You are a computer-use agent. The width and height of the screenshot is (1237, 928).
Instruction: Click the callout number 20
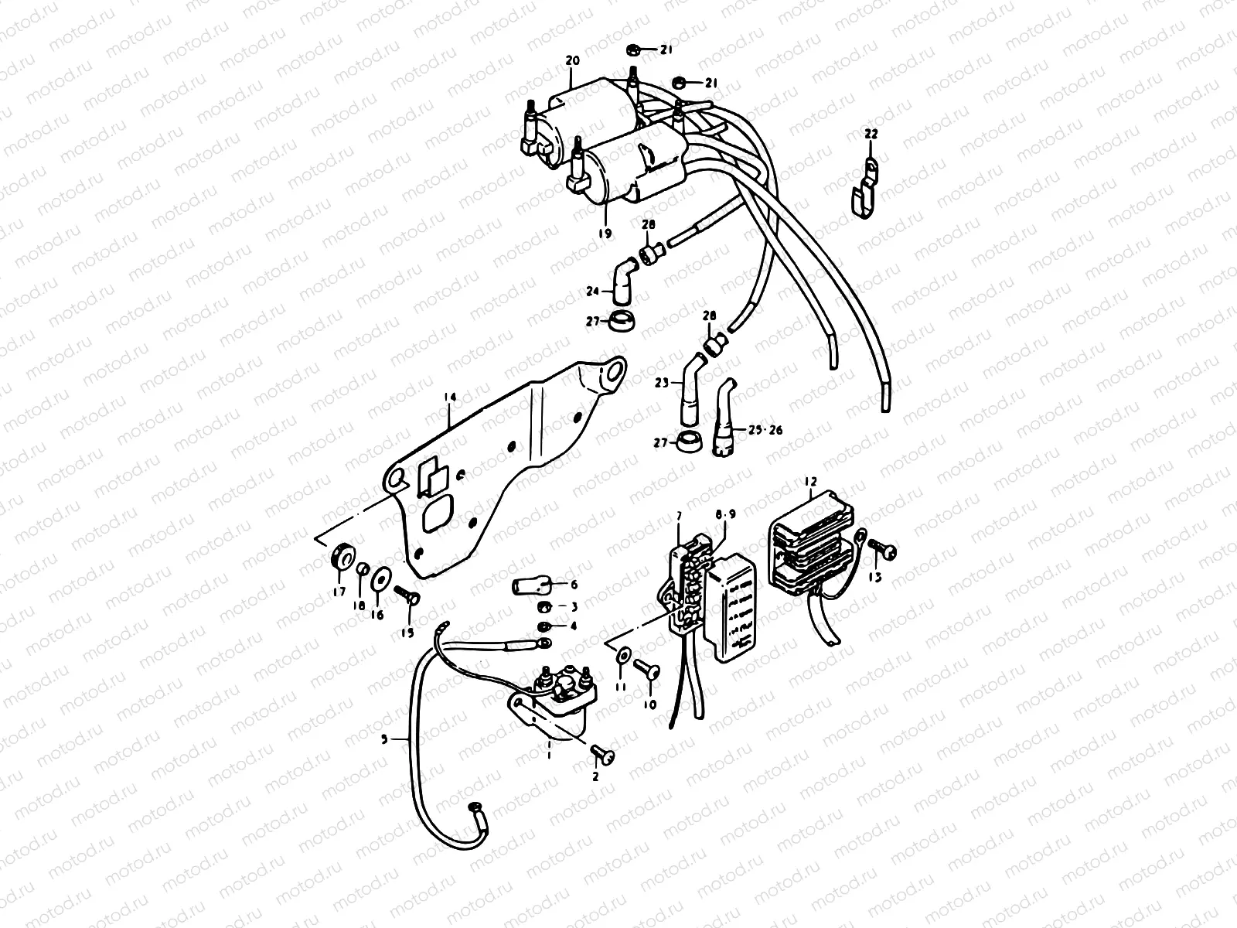pyautogui.click(x=572, y=60)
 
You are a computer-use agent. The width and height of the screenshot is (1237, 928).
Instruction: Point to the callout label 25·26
pyautogui.click(x=763, y=428)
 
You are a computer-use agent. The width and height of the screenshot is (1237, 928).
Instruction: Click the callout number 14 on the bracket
pyautogui.click(x=451, y=397)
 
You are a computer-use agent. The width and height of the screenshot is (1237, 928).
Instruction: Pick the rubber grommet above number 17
pyautogui.click(x=342, y=556)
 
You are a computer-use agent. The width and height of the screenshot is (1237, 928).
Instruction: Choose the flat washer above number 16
pyautogui.click(x=380, y=578)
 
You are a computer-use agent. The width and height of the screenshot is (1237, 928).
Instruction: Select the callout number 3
pyautogui.click(x=574, y=606)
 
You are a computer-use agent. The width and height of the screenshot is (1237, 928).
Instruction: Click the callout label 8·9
pyautogui.click(x=726, y=513)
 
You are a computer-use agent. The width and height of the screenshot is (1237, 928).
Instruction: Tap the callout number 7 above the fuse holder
pyautogui.click(x=678, y=515)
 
